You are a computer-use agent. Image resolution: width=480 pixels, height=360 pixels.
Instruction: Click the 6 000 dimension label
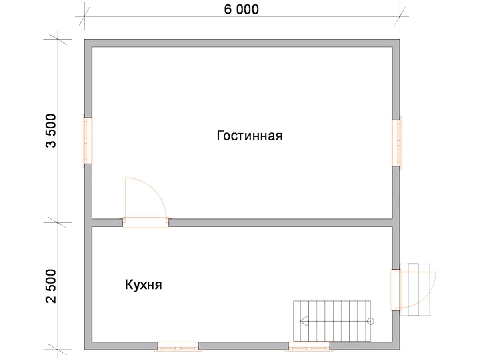click(x=241, y=10)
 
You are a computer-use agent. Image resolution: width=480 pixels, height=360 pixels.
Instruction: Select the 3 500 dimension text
click(x=51, y=131)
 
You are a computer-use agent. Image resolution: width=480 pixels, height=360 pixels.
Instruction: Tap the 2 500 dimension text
click(x=51, y=286)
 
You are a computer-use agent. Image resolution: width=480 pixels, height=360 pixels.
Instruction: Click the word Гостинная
click(x=250, y=136)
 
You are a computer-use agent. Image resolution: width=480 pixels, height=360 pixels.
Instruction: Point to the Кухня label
click(x=144, y=285)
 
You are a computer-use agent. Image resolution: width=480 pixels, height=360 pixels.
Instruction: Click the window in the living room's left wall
click(x=88, y=140)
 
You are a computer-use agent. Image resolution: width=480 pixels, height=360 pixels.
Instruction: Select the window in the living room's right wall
click(x=396, y=143)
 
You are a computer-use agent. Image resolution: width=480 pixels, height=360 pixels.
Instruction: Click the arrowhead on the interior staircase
click(x=304, y=321)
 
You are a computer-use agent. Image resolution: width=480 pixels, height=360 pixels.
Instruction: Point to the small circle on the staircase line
click(x=370, y=321)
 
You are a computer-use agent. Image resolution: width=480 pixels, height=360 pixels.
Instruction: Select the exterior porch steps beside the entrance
click(x=415, y=290)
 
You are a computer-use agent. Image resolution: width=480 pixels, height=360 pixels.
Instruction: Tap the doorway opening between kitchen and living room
click(x=146, y=222)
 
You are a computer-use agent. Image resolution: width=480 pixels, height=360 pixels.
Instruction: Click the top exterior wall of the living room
click(x=242, y=43)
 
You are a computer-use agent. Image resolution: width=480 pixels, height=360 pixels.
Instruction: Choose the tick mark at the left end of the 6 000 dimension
click(x=84, y=16)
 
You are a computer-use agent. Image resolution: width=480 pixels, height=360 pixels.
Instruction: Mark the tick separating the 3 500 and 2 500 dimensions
click(x=58, y=222)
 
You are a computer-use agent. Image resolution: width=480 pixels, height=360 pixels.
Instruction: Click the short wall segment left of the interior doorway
click(x=107, y=222)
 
